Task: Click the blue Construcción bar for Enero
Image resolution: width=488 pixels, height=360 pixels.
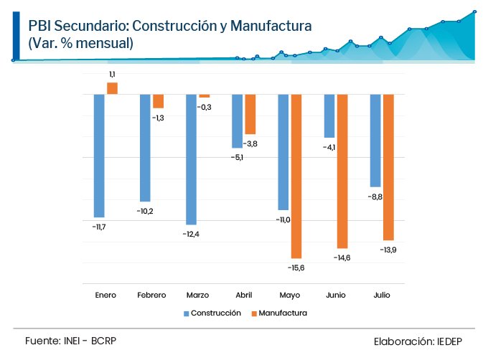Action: pos(99,156)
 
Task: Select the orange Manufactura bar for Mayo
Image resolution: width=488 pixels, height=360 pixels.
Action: pos(296,176)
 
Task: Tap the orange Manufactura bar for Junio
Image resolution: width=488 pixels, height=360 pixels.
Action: pos(342,171)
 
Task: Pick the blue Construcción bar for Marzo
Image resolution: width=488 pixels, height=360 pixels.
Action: pos(191,160)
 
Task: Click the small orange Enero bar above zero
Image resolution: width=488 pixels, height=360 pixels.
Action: pos(112,88)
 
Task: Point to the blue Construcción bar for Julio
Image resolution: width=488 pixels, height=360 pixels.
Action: pos(375,141)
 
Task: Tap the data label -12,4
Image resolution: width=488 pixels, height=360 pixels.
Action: pos(190,235)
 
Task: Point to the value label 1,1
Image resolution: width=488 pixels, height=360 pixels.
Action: pos(112,74)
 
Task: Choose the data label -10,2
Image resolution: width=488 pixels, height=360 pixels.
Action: pos(145,211)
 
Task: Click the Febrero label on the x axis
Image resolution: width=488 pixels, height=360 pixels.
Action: pos(151,295)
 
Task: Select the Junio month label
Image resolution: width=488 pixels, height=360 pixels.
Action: pos(336,295)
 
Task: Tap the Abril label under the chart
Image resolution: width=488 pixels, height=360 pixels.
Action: pos(243,295)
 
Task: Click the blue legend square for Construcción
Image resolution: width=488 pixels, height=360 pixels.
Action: pos(186,313)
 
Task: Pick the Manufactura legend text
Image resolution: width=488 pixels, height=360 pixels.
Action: pos(283,313)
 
